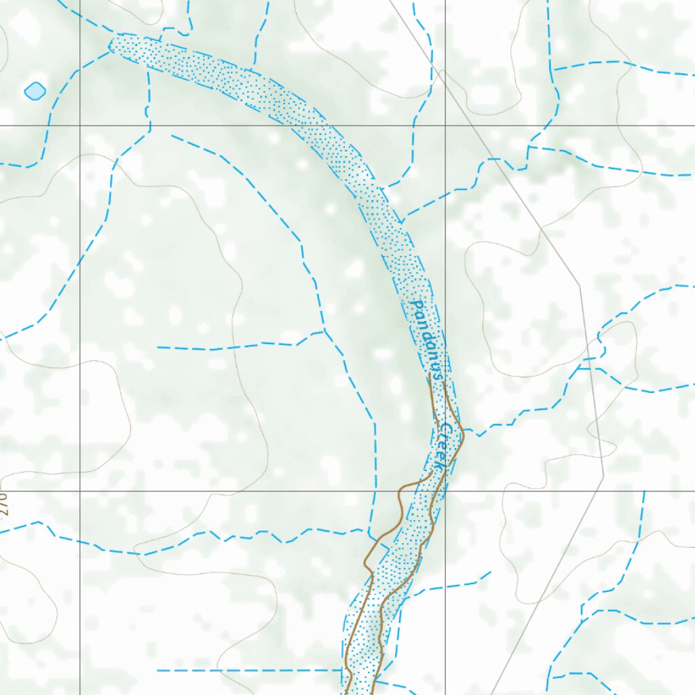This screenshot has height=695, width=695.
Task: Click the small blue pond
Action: click(x=35, y=91)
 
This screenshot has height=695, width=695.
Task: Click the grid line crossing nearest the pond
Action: click(x=80, y=126)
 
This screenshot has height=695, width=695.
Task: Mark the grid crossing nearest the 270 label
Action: click(x=80, y=490)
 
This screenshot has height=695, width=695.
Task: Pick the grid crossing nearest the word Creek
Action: click(x=445, y=490)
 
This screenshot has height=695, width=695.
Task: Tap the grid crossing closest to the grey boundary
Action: click(x=445, y=126)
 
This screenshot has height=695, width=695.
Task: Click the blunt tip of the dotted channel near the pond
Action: click(x=112, y=44)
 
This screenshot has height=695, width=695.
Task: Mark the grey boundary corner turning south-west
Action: click(x=603, y=477)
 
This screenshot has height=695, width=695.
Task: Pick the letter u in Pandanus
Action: click(x=435, y=362)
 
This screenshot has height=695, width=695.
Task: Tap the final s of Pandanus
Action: click(x=438, y=373)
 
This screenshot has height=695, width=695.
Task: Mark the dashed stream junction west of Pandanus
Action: click(x=324, y=331)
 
